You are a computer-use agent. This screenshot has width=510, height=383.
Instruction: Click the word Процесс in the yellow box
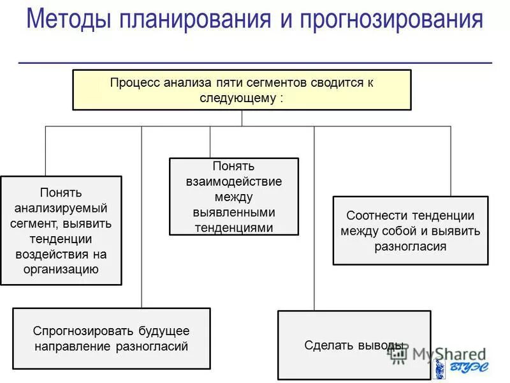point(135,83)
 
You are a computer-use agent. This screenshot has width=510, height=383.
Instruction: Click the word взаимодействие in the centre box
point(233,181)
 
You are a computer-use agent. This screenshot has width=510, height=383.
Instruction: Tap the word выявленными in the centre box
point(233,212)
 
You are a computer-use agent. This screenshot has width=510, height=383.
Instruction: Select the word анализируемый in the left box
point(61,208)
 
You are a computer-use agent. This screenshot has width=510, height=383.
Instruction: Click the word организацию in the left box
point(61,269)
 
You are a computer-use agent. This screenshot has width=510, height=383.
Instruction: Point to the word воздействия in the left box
point(61,254)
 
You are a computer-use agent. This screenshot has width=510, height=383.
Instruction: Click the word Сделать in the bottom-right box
point(324,345)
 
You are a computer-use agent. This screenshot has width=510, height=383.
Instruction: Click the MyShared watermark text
point(440,353)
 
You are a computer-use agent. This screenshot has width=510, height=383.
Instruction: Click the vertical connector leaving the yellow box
point(242,118)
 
